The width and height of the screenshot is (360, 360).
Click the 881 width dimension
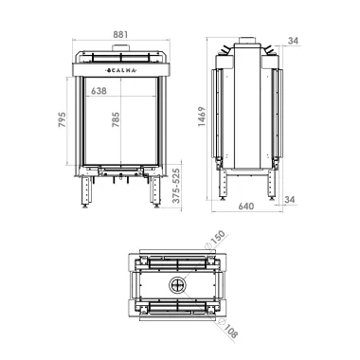tap(120, 34)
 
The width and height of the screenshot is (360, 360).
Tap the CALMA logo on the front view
tap(121, 70)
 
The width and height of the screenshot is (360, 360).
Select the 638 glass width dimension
tap(99, 91)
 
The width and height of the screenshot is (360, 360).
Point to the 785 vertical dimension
tap(116, 119)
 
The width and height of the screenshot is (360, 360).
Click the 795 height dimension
tap(62, 119)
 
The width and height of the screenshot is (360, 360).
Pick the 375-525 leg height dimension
tap(176, 186)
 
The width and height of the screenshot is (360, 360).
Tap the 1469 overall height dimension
tap(202, 117)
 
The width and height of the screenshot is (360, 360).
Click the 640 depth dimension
tap(246, 207)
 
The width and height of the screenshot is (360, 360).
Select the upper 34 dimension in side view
tap(293, 41)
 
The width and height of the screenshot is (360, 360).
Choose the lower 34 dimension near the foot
tap(290, 200)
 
